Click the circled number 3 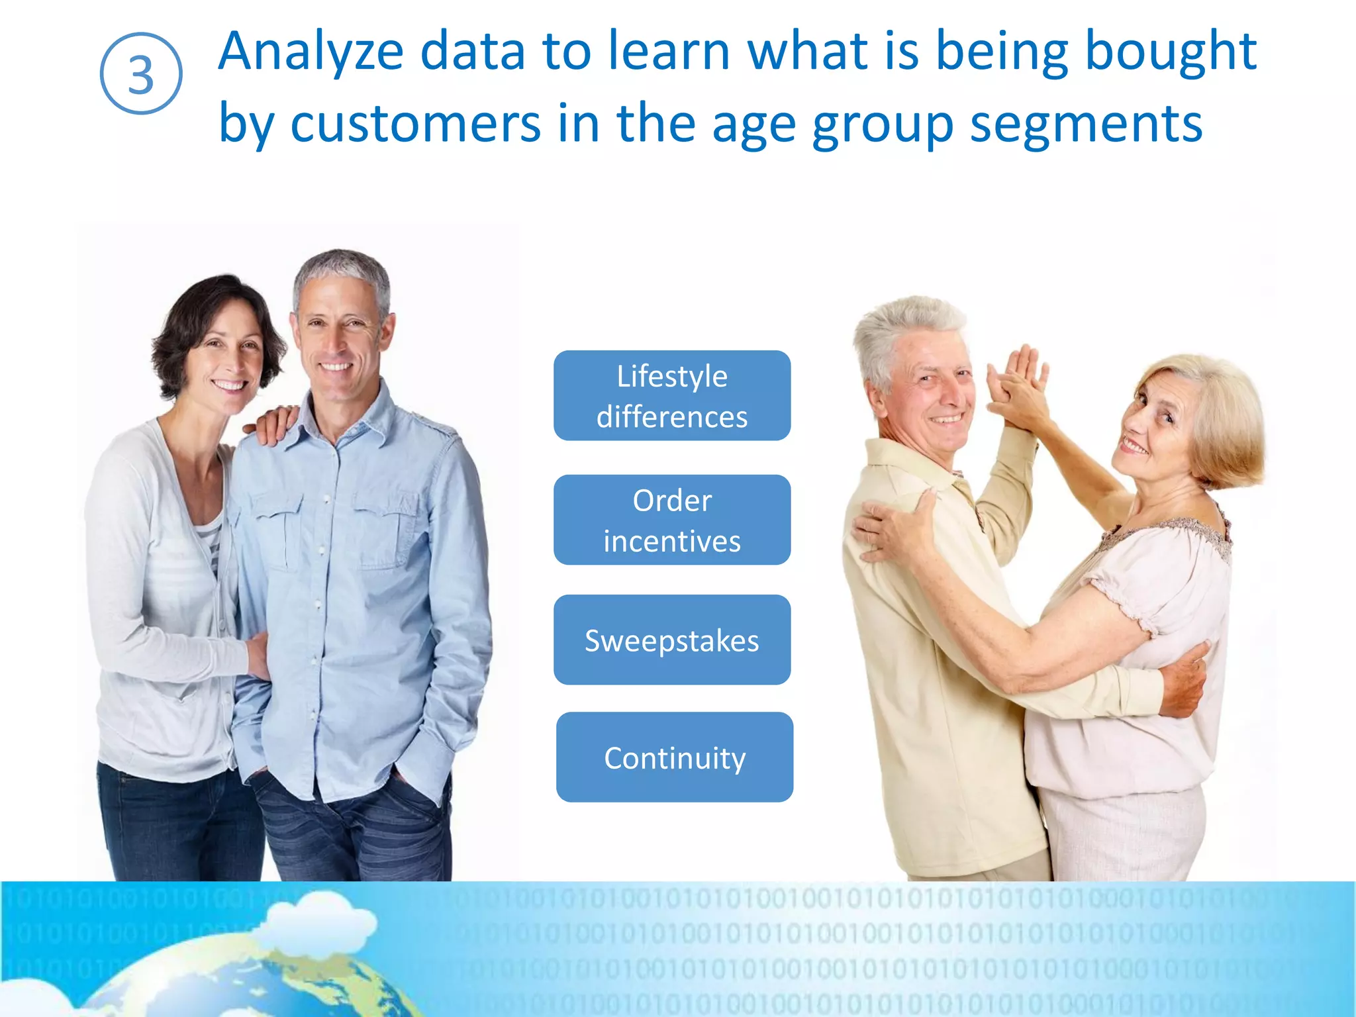(x=141, y=73)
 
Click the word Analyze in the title (x=311, y=52)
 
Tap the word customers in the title (x=415, y=124)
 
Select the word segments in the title (x=1086, y=124)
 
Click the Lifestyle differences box (x=672, y=396)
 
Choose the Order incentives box (x=672, y=520)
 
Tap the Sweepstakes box (x=672, y=640)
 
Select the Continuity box (x=675, y=757)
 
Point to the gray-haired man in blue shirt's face (x=339, y=338)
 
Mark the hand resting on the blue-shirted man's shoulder (x=271, y=424)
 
